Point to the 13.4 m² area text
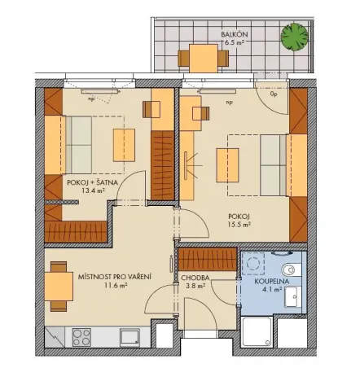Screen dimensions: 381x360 click(x=94, y=193)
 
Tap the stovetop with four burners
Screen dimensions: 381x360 click(x=84, y=335)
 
